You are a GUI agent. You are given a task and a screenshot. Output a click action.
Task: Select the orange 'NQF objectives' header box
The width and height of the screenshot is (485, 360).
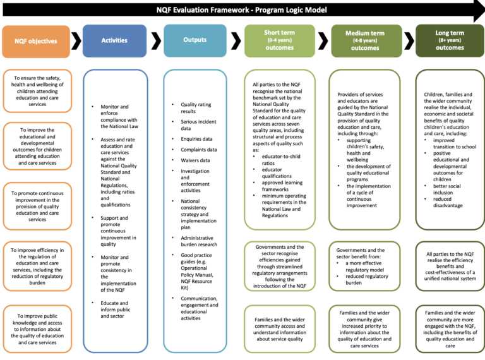click(36, 41)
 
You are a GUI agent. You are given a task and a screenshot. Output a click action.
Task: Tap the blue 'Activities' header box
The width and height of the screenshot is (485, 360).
click(114, 40)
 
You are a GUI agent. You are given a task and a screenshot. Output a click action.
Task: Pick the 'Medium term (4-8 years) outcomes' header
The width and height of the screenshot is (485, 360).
click(365, 40)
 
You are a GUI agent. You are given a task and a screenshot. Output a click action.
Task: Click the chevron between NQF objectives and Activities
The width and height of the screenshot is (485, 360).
click(76, 41)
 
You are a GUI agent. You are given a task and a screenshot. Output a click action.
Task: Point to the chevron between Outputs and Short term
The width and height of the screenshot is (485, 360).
click(237, 41)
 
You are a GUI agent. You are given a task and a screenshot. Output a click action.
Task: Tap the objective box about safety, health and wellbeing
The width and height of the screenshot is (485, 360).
click(37, 92)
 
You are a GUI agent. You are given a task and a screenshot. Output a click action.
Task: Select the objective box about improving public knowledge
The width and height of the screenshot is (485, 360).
click(37, 328)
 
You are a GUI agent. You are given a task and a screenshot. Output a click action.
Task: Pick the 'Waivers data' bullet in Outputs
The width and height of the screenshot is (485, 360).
click(195, 160)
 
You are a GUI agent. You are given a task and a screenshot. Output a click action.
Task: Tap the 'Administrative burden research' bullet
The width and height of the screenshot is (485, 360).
click(198, 241)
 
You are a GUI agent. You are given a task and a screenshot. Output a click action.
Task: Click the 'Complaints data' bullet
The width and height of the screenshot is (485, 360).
click(198, 150)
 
